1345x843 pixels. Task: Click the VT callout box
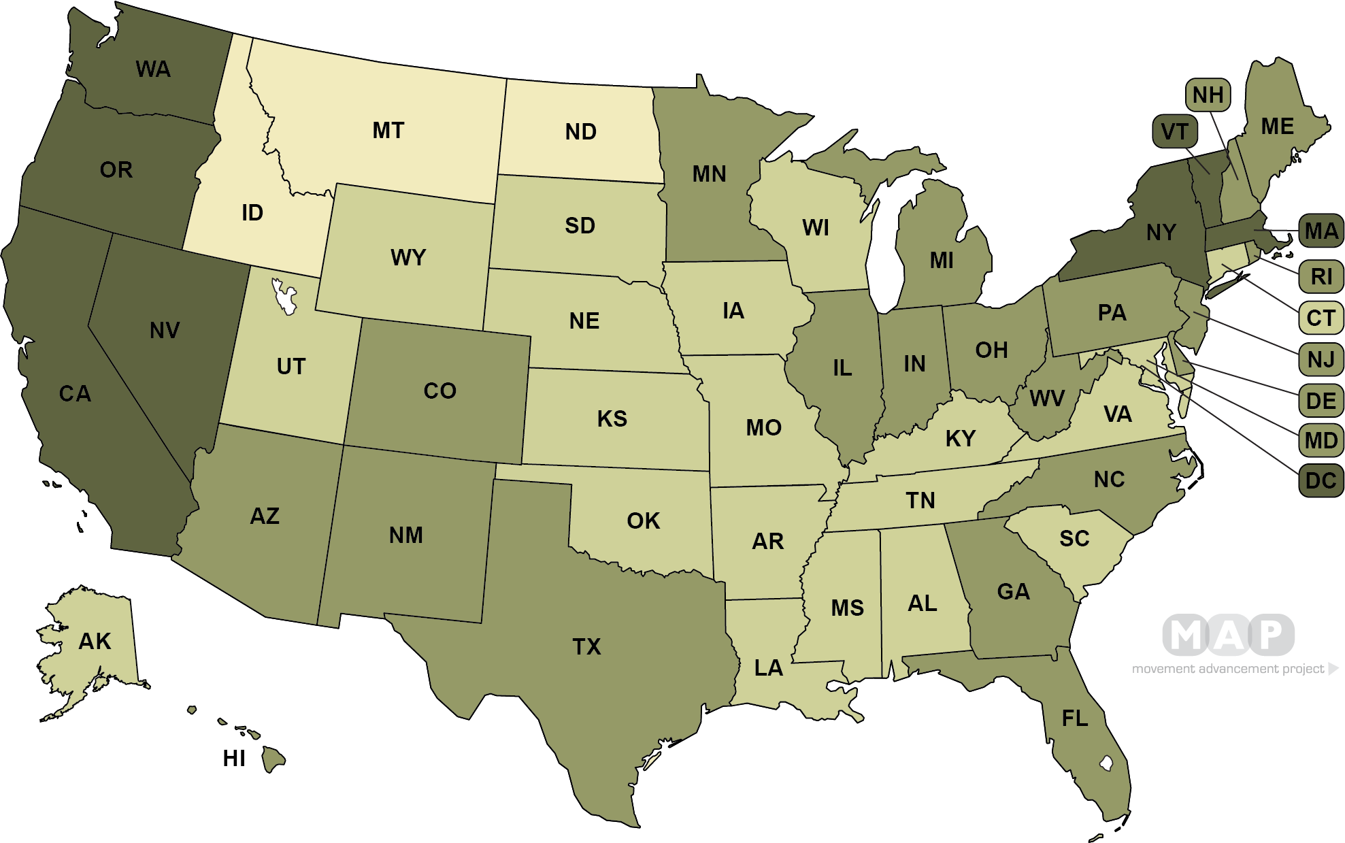tap(1174, 131)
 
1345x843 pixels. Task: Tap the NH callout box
tap(1208, 95)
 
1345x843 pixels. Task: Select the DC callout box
tap(1321, 481)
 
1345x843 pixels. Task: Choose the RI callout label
tap(1321, 277)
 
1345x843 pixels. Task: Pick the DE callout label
tap(1321, 401)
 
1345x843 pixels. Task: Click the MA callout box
tap(1321, 231)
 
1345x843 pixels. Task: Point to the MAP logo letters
tap(1228, 635)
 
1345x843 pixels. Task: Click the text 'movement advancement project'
tap(1228, 669)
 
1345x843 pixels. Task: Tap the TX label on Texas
tap(586, 646)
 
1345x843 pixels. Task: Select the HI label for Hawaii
tap(234, 758)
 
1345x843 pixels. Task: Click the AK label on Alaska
tap(95, 641)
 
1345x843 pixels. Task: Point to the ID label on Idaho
tap(252, 213)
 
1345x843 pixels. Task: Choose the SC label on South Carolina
tap(1074, 539)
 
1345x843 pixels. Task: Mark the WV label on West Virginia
tap(1047, 399)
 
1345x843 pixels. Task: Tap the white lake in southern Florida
tap(1106, 763)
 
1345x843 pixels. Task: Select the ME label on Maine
tap(1277, 127)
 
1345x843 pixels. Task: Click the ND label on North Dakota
tap(580, 132)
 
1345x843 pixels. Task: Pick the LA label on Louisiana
tap(769, 668)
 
